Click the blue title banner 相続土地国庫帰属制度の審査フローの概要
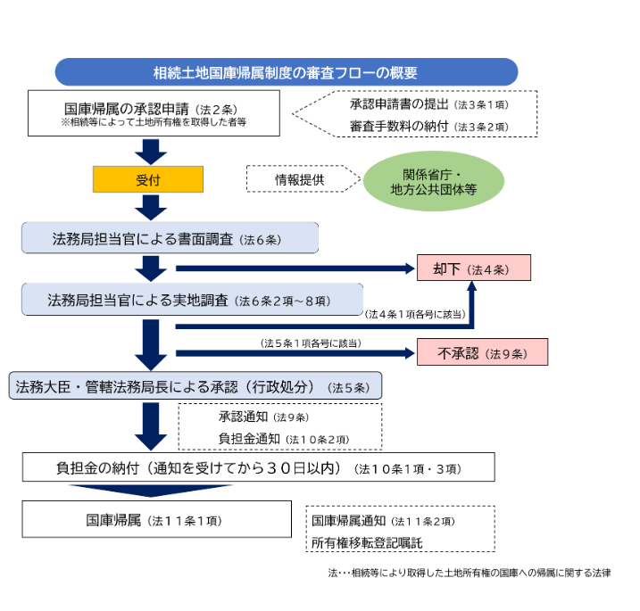click(x=286, y=72)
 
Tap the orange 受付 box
click(x=148, y=179)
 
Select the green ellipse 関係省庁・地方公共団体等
click(x=434, y=182)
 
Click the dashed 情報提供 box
click(x=299, y=179)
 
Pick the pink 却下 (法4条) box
click(x=473, y=268)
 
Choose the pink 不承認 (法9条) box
click(x=482, y=353)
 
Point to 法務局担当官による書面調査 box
click(x=170, y=238)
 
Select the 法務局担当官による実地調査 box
click(x=192, y=301)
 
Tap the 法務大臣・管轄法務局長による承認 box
click(x=195, y=386)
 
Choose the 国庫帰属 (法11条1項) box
click(x=157, y=519)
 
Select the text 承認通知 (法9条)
click(x=263, y=417)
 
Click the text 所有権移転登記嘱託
click(x=366, y=541)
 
